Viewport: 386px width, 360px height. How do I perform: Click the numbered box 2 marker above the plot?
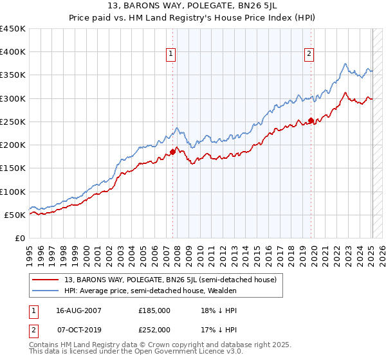coord(309,55)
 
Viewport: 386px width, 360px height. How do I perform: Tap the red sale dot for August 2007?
coord(172,152)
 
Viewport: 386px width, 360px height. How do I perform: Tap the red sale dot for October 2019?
coord(311,120)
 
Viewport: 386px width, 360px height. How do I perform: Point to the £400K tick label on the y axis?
coord(13,52)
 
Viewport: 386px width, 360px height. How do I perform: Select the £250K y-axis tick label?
coord(13,122)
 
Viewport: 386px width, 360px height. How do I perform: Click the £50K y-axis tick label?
coord(15,215)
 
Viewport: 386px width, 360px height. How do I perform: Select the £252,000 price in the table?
coord(154,329)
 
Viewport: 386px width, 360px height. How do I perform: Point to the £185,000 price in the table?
coord(154,310)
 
